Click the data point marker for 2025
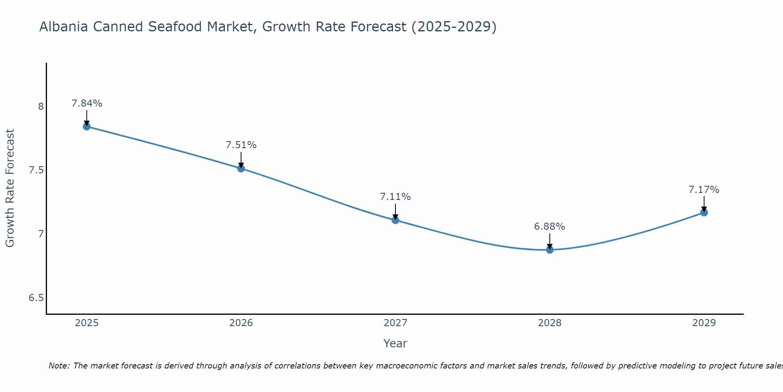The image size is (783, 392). [87, 126]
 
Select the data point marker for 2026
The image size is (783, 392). [241, 169]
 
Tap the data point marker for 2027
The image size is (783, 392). [395, 220]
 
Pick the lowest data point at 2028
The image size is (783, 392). [550, 250]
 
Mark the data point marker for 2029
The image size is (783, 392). [704, 212]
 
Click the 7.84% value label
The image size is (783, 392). [87, 103]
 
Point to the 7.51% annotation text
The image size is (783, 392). [241, 145]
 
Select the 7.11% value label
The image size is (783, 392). [395, 197]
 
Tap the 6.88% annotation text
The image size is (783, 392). [550, 227]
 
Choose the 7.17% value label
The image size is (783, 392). [704, 190]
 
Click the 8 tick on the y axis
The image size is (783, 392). [41, 106]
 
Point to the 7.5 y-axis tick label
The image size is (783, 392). [36, 170]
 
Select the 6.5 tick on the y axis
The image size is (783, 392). [36, 298]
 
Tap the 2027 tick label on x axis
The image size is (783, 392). [395, 323]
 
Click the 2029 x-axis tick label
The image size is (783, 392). [704, 323]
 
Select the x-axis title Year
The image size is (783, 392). [395, 343]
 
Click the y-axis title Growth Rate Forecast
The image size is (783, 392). [10, 188]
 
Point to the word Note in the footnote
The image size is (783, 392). [59, 366]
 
